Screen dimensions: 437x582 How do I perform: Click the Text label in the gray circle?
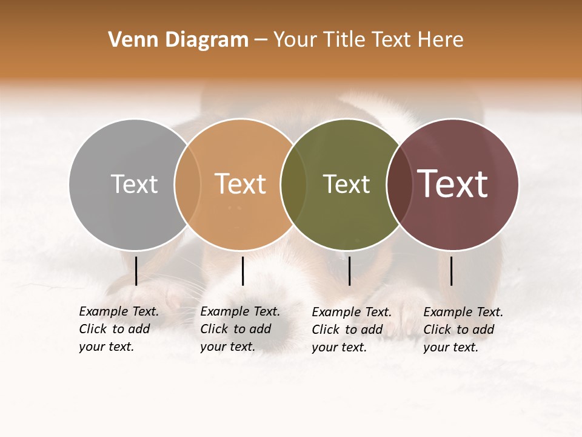coord(134,184)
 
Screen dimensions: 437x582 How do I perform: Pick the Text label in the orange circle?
coord(241,184)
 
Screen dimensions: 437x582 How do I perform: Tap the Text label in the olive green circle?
coord(346,184)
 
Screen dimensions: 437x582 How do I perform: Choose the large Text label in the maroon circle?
coord(453,184)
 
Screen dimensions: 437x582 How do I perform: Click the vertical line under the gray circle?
coord(136,271)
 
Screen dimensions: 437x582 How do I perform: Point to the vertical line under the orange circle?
coord(242,271)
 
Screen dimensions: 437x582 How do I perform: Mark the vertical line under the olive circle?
coord(349,271)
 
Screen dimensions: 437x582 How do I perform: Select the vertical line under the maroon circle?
coord(451,271)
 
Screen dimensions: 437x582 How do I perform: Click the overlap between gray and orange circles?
coord(187,184)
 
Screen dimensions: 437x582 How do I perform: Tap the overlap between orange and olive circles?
coord(293,184)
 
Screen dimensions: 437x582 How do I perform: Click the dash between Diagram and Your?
coord(261,40)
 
